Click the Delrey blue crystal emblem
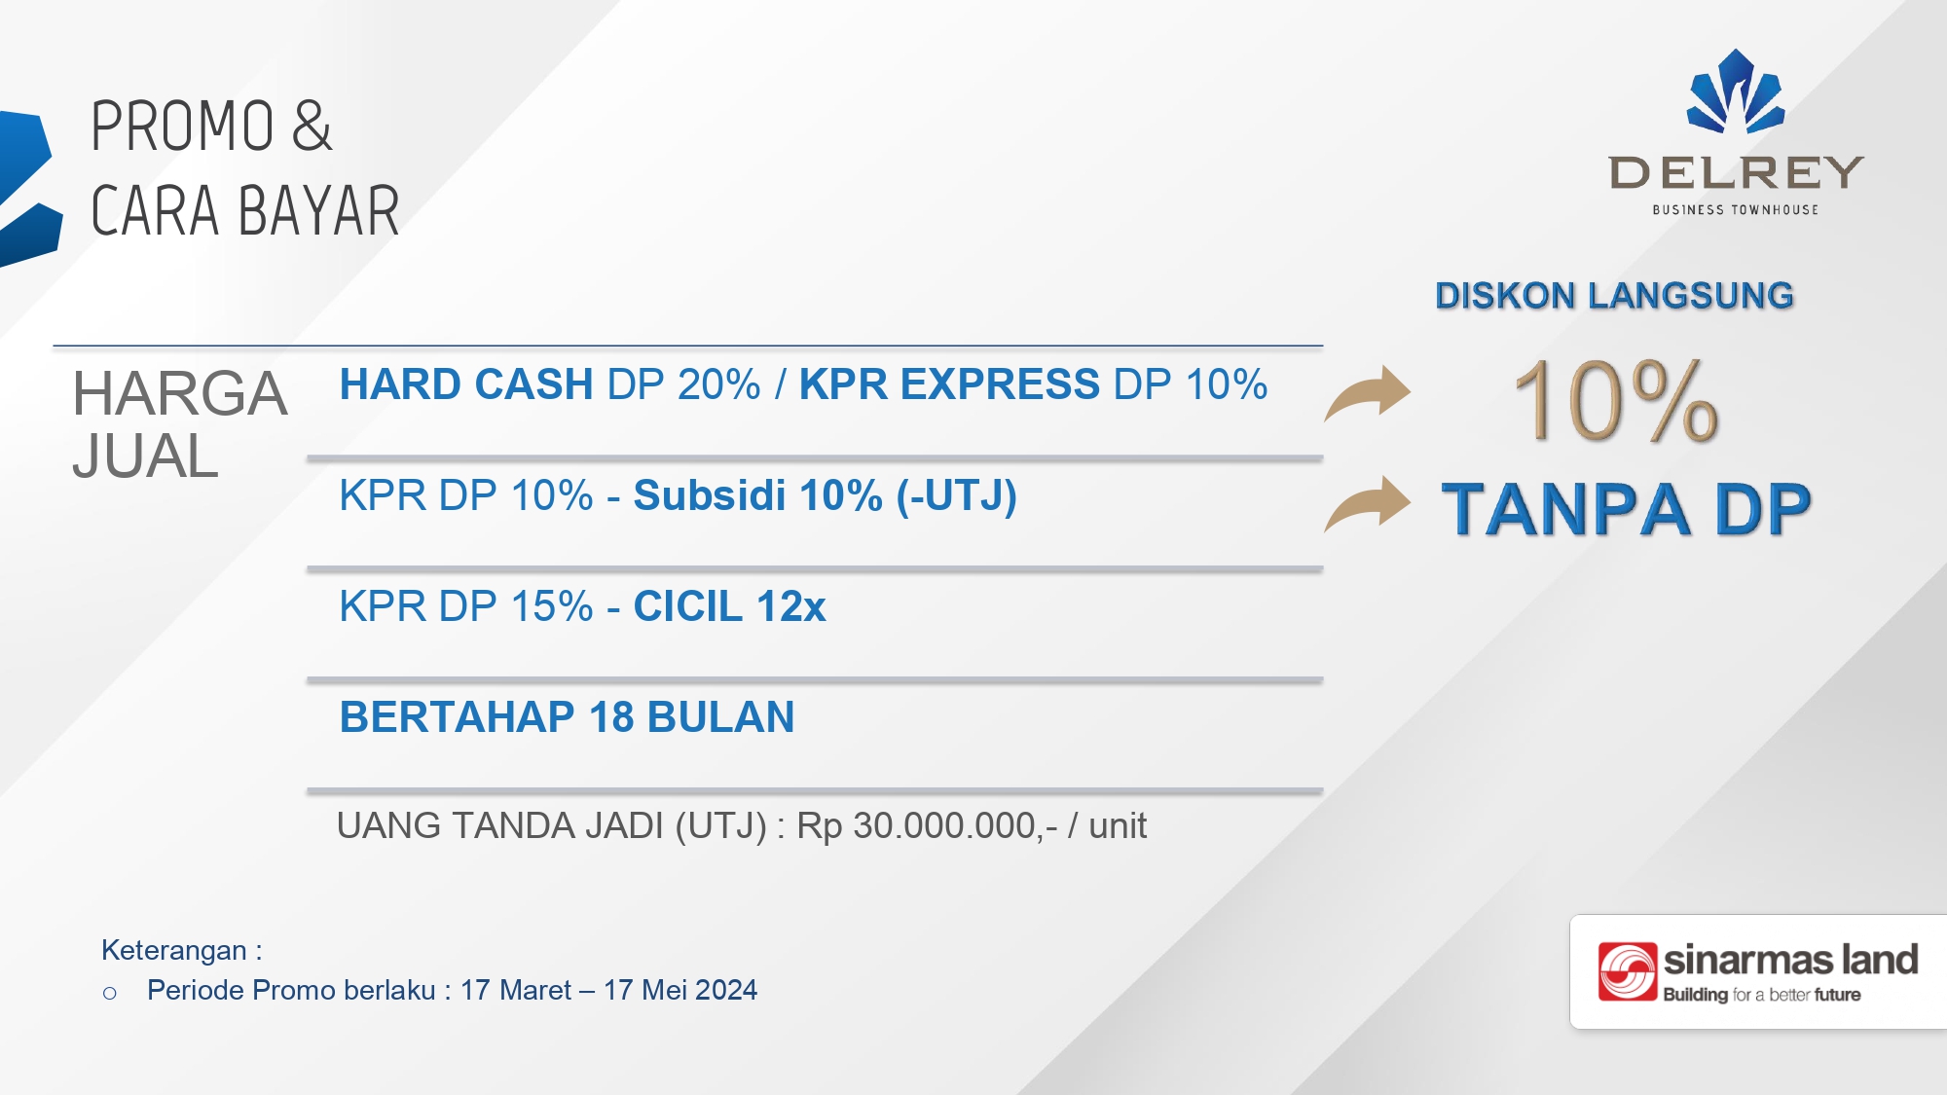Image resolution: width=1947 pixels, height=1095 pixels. (x=1736, y=91)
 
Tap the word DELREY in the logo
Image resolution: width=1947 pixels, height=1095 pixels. (x=1736, y=173)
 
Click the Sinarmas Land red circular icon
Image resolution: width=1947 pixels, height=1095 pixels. (x=1628, y=971)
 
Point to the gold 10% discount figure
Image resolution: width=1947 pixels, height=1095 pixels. (x=1617, y=400)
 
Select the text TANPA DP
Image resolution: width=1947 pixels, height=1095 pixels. (x=1626, y=509)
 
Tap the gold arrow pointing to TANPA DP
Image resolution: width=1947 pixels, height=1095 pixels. (x=1368, y=503)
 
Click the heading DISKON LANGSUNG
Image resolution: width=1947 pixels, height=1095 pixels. (x=1614, y=296)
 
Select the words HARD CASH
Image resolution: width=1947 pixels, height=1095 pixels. (x=466, y=384)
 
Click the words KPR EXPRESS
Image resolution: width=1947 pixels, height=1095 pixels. (x=950, y=384)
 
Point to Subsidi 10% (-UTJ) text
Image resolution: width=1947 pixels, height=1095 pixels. (x=826, y=496)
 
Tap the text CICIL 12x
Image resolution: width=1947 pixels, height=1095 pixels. (x=730, y=606)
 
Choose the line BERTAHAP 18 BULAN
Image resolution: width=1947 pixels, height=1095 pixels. (x=568, y=717)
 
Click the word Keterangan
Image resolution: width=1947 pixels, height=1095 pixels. (x=174, y=950)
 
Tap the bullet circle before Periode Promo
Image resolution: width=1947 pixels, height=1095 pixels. (x=110, y=994)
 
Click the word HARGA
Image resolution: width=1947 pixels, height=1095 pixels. (x=180, y=394)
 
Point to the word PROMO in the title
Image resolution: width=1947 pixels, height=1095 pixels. (x=183, y=127)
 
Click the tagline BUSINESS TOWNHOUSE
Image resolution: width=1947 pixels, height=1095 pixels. (x=1736, y=209)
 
